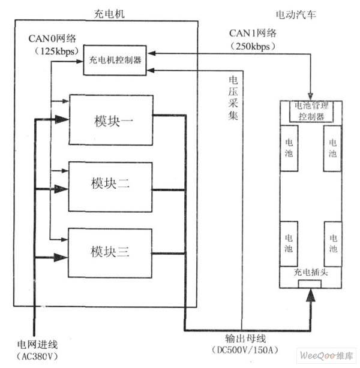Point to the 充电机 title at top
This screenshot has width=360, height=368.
click(x=109, y=14)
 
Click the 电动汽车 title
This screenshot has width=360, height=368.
click(x=296, y=14)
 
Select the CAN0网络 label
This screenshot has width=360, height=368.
click(x=52, y=38)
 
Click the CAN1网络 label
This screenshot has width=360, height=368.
click(x=253, y=33)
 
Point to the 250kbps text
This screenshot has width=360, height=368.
click(x=253, y=46)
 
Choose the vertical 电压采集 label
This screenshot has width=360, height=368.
click(x=233, y=98)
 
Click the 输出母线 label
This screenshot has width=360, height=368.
click(x=245, y=339)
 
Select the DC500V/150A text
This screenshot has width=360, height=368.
click(x=245, y=350)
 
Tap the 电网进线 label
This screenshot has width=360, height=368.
click(x=37, y=345)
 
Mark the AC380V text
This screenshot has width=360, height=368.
click(x=37, y=357)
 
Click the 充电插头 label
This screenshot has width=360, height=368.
click(x=311, y=272)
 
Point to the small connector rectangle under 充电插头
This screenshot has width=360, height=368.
click(x=310, y=284)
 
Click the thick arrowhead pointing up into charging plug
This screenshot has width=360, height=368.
click(x=311, y=295)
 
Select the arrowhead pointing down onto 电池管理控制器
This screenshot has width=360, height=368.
click(x=311, y=96)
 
